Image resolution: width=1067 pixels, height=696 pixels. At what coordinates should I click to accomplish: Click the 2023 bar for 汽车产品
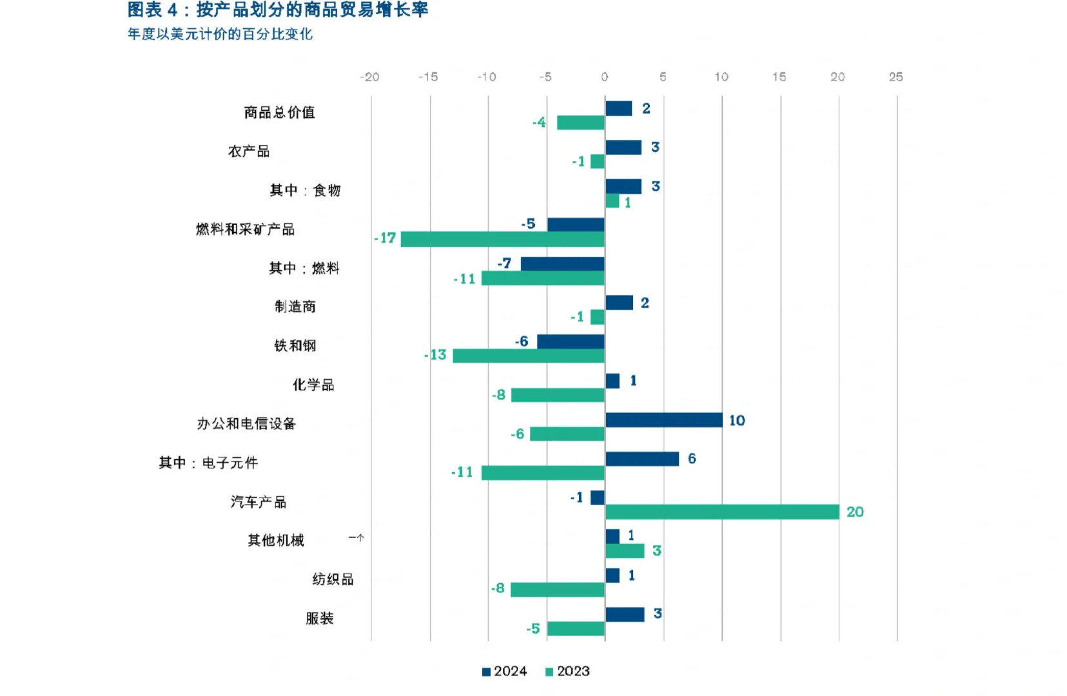point(722,512)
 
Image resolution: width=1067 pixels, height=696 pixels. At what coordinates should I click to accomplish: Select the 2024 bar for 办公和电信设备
point(663,420)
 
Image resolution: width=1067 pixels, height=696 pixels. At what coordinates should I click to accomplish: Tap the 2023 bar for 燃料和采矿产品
point(503,239)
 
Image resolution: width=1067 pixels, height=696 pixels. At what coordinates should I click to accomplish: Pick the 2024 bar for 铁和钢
point(571,342)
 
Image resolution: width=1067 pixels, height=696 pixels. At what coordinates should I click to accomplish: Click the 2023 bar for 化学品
point(558,395)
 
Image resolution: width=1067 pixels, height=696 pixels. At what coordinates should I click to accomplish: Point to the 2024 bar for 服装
point(625,614)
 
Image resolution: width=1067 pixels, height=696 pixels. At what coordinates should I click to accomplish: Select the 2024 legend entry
point(504,672)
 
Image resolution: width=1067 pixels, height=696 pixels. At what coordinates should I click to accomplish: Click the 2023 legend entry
point(567,672)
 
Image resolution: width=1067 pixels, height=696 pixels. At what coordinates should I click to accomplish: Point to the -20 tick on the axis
point(369,77)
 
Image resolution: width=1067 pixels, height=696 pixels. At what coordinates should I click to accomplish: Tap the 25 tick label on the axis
point(896,77)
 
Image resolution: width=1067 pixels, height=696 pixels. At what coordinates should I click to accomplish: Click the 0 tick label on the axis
point(604,77)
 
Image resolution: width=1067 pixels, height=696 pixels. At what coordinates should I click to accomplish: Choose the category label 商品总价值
point(279,113)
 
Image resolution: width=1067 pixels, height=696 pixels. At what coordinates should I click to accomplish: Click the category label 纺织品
point(333,579)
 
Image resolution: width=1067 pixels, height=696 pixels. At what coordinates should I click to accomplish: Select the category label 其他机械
point(276,540)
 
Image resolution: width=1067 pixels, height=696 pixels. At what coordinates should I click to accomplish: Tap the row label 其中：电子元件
point(208,463)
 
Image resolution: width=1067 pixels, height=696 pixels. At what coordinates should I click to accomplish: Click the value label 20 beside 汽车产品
point(855,512)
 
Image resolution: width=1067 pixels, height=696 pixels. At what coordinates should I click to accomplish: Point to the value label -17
point(385,238)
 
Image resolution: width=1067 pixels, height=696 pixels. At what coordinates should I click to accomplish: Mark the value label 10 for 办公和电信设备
point(737,421)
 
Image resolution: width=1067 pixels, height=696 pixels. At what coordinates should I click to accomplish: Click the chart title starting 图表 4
point(277,10)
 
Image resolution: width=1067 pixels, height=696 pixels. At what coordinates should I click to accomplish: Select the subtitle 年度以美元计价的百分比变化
point(220,34)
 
